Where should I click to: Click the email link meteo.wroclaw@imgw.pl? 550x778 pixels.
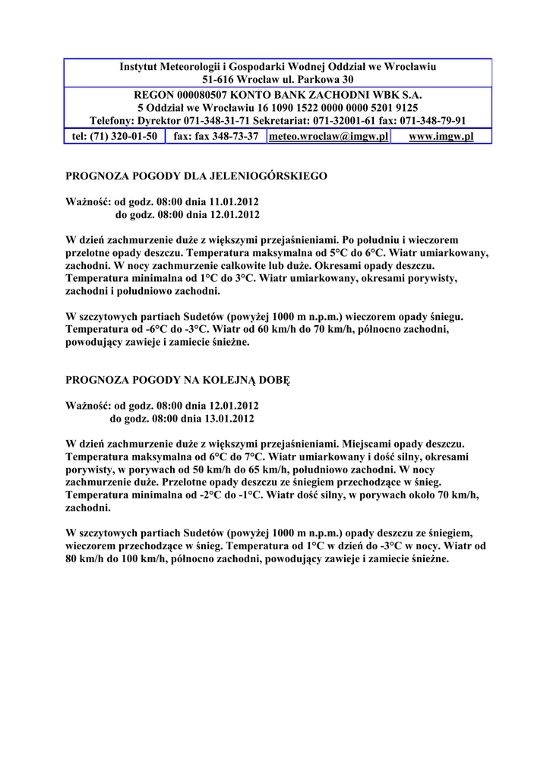(329, 137)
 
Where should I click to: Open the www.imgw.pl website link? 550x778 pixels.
(441, 137)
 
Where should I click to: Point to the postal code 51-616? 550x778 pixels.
(218, 80)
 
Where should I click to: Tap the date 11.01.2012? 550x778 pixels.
(229, 203)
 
